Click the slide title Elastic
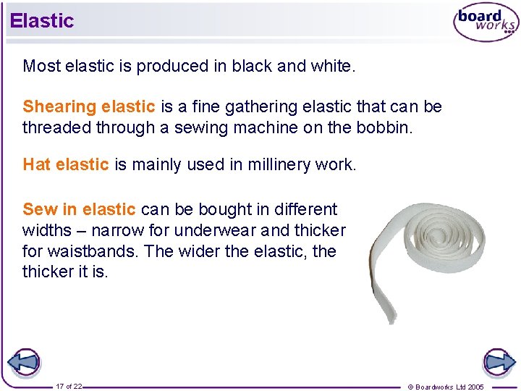tap(42, 20)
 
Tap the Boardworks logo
tap(486, 22)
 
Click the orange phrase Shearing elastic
tap(89, 107)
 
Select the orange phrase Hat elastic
tap(66, 164)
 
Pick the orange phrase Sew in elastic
tap(79, 209)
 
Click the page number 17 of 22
tap(69, 386)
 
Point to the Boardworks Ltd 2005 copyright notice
tap(446, 387)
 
